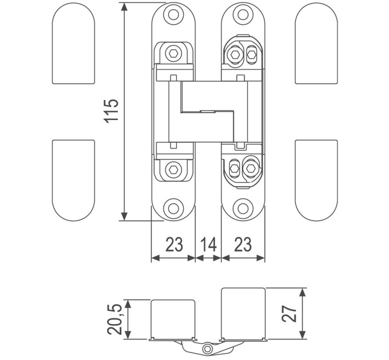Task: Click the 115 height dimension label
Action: (x=111, y=111)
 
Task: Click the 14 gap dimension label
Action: (x=208, y=245)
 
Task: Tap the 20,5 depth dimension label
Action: (x=114, y=319)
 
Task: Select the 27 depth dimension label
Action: (x=289, y=313)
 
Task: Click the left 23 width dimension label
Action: (x=174, y=245)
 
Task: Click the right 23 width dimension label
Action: (x=243, y=245)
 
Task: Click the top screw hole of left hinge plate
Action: (x=174, y=15)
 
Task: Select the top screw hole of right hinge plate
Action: (x=243, y=15)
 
